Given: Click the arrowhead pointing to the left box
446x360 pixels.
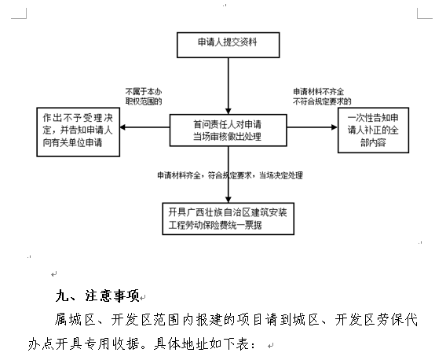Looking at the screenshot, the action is coord(122,127).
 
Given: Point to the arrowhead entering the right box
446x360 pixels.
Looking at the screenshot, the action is coord(334,127).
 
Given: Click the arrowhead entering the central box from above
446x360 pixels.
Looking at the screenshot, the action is coord(228,111).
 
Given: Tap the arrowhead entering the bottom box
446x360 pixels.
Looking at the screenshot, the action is coord(228,200).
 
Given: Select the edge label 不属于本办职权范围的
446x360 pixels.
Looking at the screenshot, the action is coord(144,97).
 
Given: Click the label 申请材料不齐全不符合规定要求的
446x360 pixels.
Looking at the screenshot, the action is coord(322,97).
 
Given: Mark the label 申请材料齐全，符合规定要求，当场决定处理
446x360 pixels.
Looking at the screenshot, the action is coord(230,175).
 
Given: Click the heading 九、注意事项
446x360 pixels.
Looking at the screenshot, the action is coord(97,296).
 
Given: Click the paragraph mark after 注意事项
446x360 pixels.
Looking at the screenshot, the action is coord(143,298).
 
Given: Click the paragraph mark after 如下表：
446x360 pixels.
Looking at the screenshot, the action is coord(270,346).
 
